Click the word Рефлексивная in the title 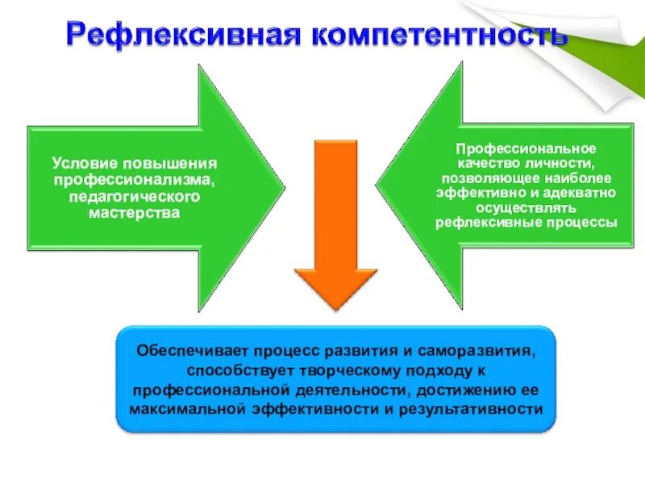tap(178, 35)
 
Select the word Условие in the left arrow tap(81, 162)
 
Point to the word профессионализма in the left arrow tap(134, 180)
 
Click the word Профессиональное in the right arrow tap(526, 148)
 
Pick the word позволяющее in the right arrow tap(481, 178)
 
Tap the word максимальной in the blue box tap(186, 409)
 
